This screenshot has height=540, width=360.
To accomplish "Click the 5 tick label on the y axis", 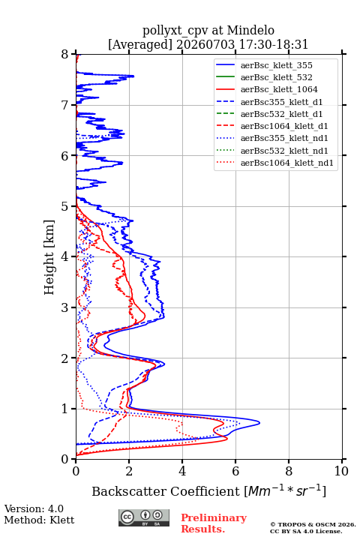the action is pos(65,206).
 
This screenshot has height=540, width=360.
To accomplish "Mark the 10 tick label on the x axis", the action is pos(341,471).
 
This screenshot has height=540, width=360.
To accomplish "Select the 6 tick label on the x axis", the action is pos(235,471).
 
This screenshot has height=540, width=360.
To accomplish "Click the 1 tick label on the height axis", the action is pos(65,409).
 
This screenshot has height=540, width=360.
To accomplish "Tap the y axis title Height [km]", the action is pos(49,257).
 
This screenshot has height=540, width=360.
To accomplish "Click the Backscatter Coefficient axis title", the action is pos(208,490).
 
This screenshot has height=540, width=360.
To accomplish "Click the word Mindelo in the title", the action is pos(250,30).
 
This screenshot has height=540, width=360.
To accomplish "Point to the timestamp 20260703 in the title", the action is pos(205,44).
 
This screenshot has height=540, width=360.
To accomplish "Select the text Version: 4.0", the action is pos(34,509).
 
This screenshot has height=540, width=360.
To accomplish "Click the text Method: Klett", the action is pos(39,520).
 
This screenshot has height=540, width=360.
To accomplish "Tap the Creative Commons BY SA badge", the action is pos(144,517).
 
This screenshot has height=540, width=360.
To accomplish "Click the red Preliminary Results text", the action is pos(214,523).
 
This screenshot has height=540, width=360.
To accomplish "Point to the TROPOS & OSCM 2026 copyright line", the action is pos(313,524).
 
